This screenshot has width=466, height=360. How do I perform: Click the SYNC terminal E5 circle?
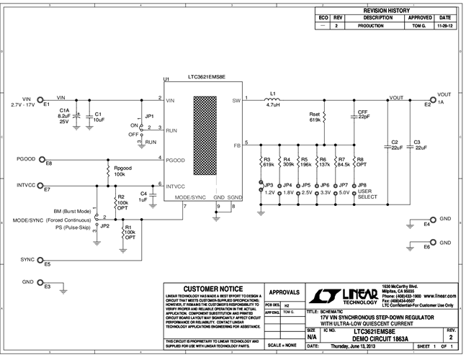pos(41,260)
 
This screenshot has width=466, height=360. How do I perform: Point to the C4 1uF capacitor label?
pos(143,196)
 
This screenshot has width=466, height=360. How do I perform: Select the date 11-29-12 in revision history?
pos(444,24)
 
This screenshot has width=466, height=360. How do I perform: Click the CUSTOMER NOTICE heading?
pos(209,289)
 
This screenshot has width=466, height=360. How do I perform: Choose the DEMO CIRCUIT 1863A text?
pos(377,338)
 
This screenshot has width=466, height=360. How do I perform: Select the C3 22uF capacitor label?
pos(421,144)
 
